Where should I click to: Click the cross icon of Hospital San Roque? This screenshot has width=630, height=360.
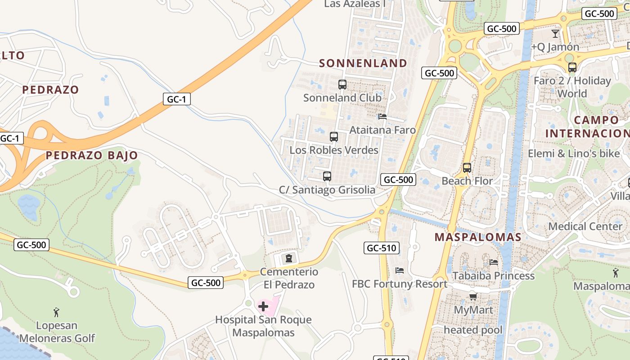263,307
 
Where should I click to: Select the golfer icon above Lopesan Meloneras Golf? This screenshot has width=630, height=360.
56,312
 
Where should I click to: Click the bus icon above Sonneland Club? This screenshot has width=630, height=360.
342,84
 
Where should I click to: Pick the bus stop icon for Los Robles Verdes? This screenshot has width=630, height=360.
334,137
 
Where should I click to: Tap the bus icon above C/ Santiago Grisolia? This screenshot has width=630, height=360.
327,176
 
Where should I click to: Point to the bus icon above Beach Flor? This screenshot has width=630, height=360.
467,168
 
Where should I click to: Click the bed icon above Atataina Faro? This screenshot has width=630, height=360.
382,117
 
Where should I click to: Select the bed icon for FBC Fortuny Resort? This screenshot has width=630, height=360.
399,270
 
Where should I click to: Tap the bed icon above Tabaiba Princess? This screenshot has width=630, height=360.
494,262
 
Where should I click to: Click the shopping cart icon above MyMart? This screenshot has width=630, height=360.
473,297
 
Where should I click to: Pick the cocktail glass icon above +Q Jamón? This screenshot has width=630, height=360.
555,34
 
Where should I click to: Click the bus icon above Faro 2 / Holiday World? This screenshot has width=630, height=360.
572,67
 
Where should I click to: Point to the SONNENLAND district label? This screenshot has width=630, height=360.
363,63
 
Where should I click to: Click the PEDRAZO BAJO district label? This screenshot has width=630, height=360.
92,156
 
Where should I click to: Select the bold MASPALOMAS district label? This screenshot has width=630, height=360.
478,237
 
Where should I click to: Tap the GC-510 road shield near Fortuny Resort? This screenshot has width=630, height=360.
381,248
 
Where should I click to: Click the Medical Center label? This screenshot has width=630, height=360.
585,226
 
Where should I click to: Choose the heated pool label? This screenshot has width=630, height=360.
473,330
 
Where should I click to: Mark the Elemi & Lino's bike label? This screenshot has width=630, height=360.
574,153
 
